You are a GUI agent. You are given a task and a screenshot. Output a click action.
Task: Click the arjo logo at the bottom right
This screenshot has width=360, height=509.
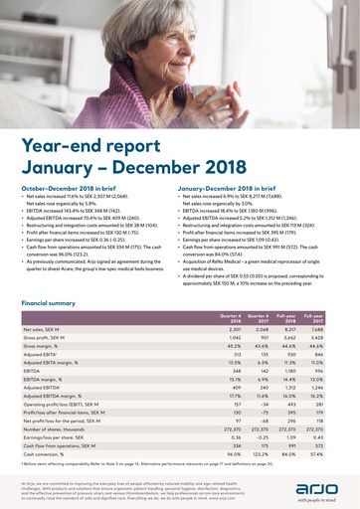pyautogui.click(x=317, y=483)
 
